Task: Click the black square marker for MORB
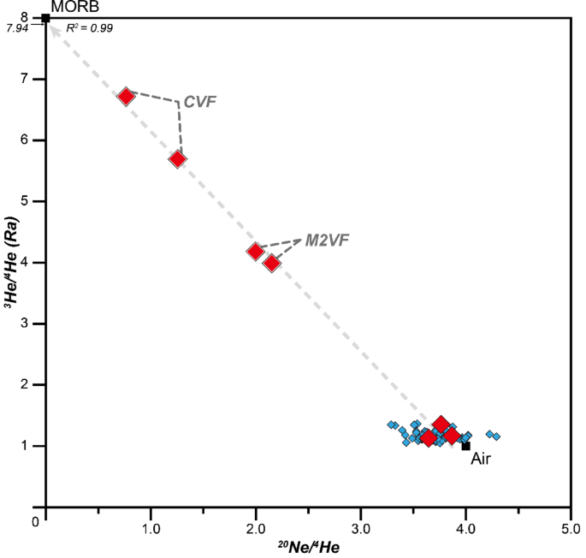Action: (x=45, y=17)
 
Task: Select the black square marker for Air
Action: (x=465, y=445)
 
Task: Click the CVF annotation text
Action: (x=200, y=102)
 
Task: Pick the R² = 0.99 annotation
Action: (x=89, y=28)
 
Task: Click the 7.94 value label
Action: (x=18, y=28)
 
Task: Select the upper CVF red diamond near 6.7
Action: (x=127, y=96)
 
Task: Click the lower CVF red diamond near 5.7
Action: (x=178, y=159)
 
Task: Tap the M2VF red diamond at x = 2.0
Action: (x=256, y=252)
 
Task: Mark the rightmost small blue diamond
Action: (x=496, y=436)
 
